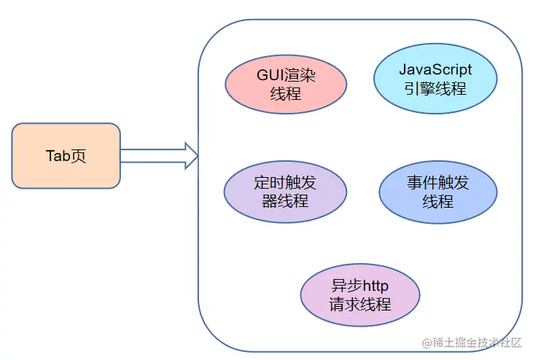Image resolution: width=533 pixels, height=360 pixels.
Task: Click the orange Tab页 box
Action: (x=66, y=156)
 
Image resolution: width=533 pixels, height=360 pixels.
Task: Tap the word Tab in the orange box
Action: (x=58, y=156)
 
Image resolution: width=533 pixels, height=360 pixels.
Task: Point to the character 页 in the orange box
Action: (x=78, y=156)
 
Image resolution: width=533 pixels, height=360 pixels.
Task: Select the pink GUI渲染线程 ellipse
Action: (x=285, y=84)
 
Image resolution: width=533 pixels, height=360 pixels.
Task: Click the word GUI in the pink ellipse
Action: (x=270, y=75)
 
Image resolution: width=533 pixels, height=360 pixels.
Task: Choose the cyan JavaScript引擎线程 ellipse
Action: (x=435, y=80)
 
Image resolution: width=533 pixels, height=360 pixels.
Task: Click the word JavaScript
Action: (x=435, y=70)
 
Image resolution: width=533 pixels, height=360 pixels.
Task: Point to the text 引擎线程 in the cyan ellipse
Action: (x=435, y=89)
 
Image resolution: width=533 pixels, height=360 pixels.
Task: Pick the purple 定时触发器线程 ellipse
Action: (x=285, y=192)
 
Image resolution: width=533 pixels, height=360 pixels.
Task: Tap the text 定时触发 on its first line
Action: (x=285, y=182)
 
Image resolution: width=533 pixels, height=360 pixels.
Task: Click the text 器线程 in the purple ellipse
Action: (x=285, y=201)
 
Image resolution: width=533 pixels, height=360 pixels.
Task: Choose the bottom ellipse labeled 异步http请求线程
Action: (x=360, y=295)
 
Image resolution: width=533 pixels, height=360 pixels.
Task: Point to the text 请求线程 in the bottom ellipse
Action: (x=360, y=305)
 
